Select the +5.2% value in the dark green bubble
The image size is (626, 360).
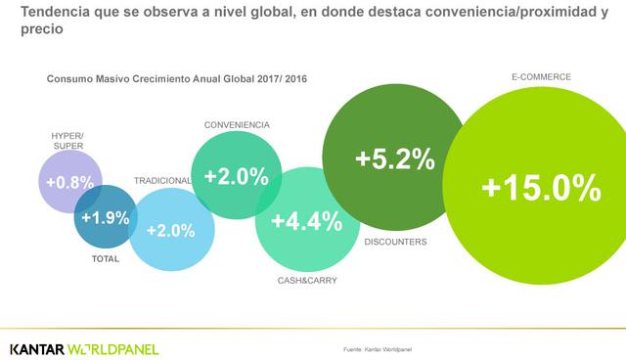(x=394, y=159)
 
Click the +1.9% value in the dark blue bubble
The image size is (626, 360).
(x=106, y=217)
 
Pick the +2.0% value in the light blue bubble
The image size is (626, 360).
(x=170, y=231)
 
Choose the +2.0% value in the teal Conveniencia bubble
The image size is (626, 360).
(x=236, y=177)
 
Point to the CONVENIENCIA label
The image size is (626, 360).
(x=237, y=125)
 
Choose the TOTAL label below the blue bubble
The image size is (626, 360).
(x=105, y=259)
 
